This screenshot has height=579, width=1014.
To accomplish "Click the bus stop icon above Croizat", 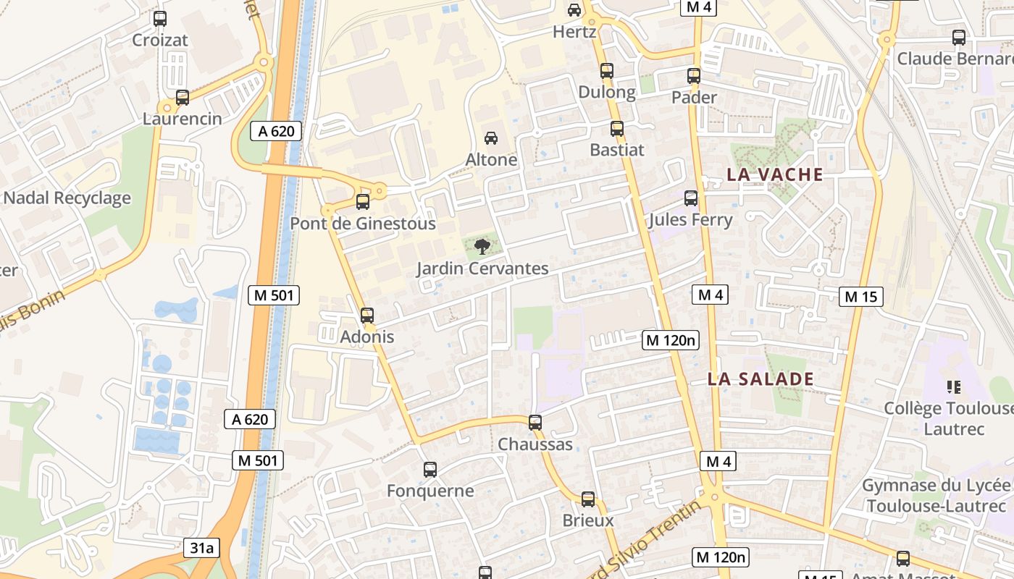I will click(x=160, y=19).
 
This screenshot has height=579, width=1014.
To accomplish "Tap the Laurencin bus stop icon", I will click(x=183, y=97).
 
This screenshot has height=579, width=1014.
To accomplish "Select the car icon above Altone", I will click(x=491, y=138).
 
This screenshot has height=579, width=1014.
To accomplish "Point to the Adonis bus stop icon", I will click(x=367, y=316).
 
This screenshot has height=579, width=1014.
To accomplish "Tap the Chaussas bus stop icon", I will click(x=535, y=422).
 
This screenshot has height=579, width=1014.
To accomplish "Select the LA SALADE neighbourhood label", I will click(x=760, y=379).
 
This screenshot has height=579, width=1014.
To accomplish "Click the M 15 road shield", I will click(x=861, y=296).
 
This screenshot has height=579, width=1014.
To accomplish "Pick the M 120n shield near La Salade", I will click(x=671, y=339).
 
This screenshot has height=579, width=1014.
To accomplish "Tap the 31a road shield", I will click(x=202, y=548).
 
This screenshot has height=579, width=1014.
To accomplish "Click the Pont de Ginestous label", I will click(x=363, y=224).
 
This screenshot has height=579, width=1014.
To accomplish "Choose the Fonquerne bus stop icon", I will click(x=430, y=470).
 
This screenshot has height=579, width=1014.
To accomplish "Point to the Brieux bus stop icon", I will click(x=588, y=499).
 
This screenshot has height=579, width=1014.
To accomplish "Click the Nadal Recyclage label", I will click(x=67, y=198).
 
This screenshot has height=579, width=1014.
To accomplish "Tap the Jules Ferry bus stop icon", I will click(x=691, y=198).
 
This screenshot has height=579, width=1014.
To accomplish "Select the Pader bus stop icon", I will click(x=694, y=75).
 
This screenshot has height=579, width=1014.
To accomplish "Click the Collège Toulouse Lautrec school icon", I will click(x=954, y=387).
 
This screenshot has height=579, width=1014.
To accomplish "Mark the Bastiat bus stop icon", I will click(x=617, y=129).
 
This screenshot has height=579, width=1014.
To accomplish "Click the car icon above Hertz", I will click(x=574, y=10).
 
